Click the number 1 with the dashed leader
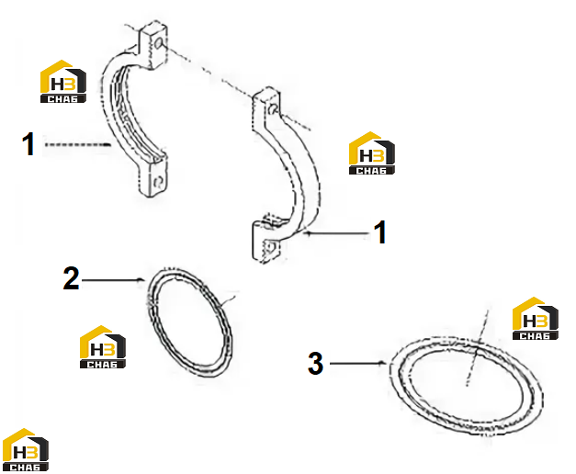pos(28,144)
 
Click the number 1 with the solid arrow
pos(379,232)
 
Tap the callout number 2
pos(71,278)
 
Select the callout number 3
pos(315,364)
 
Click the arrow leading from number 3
pos(357,364)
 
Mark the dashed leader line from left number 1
pos(77,145)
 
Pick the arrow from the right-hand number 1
pos(337,233)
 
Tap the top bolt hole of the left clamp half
pos(159,43)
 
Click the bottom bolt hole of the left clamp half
pos(158,182)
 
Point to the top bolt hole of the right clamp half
pos(272,108)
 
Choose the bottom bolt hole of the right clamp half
pos(271,247)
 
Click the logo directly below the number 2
pos(103,346)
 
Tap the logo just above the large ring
pos(536,318)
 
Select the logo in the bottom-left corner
pos(26,449)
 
